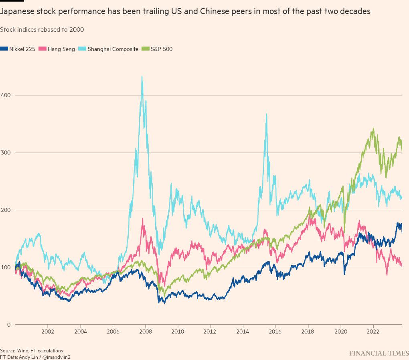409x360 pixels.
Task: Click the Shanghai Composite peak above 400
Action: tap(142, 77)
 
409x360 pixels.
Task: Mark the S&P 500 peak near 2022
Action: tap(373, 129)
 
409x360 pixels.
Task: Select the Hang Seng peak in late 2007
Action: tap(143, 219)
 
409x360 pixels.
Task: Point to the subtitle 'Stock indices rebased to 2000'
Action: tap(42, 30)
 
